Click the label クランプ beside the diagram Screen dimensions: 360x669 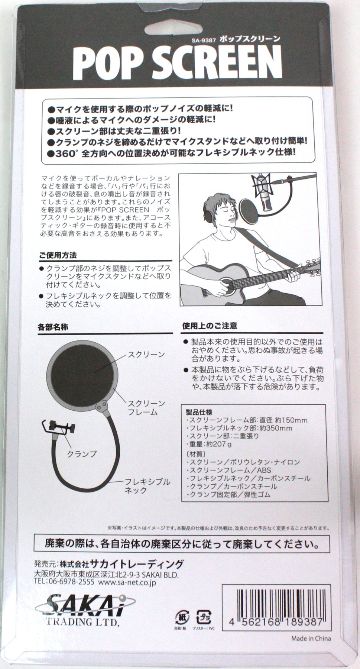(82, 454)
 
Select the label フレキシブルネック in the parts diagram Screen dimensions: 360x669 (147, 486)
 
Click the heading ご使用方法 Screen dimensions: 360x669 (58, 255)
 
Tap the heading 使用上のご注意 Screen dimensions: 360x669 (210, 326)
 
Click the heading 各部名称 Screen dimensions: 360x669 (53, 327)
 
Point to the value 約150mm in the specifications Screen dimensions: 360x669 (291, 420)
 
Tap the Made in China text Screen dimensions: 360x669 (311, 639)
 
